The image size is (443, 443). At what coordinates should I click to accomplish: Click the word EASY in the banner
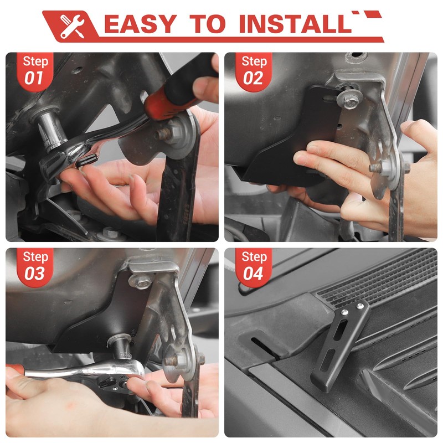click(x=141, y=24)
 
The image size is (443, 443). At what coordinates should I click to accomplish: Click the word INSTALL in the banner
click(x=295, y=24)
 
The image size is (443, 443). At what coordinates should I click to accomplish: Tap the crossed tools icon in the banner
click(x=73, y=26)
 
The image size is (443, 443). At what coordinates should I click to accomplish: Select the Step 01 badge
click(x=35, y=71)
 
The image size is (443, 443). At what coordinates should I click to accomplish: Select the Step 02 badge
click(x=254, y=71)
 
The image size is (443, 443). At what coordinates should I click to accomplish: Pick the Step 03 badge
click(x=35, y=267)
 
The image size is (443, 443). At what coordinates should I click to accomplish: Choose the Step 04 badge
click(x=254, y=267)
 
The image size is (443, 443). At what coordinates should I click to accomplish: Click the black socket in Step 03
click(x=121, y=347)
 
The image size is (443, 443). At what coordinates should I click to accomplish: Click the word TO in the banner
click(x=208, y=24)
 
